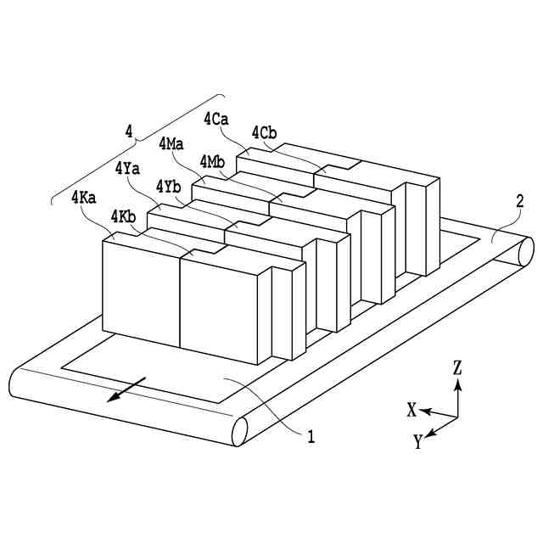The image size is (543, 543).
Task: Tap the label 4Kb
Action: tap(124, 218)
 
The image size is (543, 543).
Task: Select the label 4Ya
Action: tap(127, 168)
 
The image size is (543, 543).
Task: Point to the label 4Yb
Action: tap(168, 187)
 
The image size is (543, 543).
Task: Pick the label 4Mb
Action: tap(212, 161)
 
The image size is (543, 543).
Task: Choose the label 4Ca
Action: tap(216, 119)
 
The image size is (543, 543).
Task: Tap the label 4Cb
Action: tap(264, 132)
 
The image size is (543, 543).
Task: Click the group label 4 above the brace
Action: tap(128, 131)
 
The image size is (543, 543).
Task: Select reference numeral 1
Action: tap(311, 438)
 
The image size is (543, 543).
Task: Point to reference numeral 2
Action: tap(520, 202)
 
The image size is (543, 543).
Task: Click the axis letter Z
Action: tap(457, 367)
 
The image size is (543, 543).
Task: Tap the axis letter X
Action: tap(411, 410)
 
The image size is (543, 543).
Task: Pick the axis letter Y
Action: tap(418, 441)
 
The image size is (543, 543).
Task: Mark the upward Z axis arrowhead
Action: tap(457, 383)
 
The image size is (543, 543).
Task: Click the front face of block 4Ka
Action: tap(141, 291)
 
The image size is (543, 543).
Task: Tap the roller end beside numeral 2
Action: tap(523, 252)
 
